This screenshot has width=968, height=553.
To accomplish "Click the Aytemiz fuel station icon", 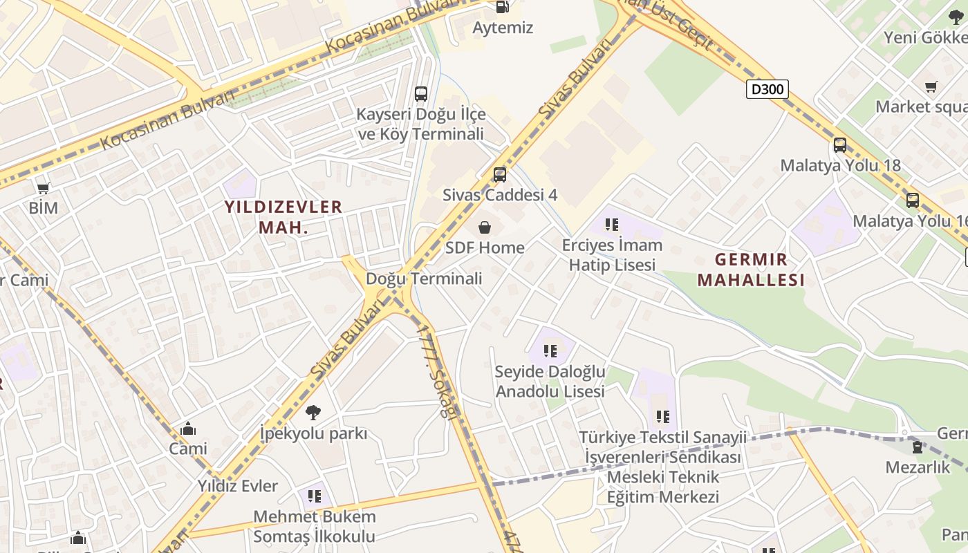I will point(503,7).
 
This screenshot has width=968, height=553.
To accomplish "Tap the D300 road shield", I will point(767,88).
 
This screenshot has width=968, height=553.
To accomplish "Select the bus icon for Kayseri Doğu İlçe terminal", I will point(420,93).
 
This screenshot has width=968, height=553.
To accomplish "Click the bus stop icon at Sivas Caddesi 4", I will point(499,174).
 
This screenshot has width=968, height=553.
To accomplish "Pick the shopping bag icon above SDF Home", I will point(485,227).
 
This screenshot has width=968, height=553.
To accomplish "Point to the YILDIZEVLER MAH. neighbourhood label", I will point(283,216).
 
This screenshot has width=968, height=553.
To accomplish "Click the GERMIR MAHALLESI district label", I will point(751,270).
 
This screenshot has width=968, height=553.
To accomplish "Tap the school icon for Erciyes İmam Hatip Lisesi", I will point(611,224).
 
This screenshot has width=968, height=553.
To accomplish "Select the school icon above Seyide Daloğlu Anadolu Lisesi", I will point(550,350).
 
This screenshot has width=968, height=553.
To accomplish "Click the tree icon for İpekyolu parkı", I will point(313,413).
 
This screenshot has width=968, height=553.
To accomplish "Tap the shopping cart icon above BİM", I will point(43,187).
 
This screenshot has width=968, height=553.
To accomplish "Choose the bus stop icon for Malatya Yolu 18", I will point(840,145).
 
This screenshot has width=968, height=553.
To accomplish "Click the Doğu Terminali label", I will point(424,279).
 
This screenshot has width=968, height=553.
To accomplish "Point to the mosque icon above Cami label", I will point(187,429).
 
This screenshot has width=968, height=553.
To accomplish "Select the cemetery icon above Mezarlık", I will point(918,447).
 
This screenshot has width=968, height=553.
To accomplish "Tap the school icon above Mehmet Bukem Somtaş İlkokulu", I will point(315,496).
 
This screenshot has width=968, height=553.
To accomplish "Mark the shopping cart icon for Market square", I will point(931,86).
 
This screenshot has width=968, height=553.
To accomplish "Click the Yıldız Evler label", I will point(238,486).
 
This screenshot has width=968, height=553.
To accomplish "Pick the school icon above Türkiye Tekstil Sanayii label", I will point(663,416).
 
